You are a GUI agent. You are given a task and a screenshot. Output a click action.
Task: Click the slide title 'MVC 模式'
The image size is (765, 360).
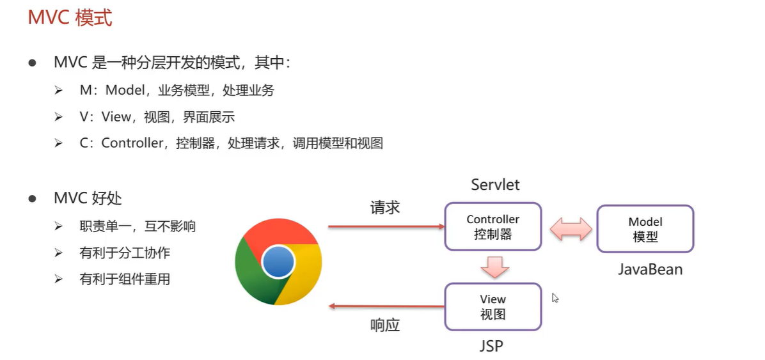point(70,18)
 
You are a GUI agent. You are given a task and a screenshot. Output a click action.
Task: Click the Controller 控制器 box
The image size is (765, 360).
point(493,227)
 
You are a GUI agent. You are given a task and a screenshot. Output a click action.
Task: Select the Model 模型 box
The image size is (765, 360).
point(645,228)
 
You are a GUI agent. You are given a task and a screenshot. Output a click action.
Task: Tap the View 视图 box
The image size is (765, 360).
point(493,306)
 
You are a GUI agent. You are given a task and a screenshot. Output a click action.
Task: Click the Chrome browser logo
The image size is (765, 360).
point(278,262)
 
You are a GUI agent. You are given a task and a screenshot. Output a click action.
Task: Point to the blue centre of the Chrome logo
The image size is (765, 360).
point(278,262)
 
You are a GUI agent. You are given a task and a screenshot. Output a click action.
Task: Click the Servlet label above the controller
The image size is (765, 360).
point(495,185)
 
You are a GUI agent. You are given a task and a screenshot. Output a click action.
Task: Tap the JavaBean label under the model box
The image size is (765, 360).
point(650,269)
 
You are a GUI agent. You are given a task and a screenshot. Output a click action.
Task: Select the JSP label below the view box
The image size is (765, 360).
point(491,347)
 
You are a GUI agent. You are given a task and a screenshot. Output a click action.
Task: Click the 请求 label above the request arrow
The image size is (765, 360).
point(384,208)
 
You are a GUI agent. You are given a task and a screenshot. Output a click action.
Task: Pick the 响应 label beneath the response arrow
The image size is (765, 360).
point(384,325)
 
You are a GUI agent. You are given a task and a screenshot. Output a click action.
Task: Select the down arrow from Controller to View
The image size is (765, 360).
point(494,267)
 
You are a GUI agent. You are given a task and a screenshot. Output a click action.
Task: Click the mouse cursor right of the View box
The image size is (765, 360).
point(555,298)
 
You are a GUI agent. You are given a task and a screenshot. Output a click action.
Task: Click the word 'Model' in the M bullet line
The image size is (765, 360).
point(126,90)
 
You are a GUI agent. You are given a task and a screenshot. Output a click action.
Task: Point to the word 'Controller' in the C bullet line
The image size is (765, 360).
point(132,143)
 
